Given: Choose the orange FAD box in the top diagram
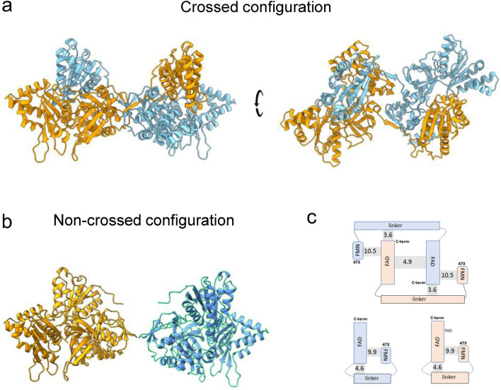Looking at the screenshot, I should click(x=387, y=260).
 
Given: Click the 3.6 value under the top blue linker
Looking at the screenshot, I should click(x=387, y=235).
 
